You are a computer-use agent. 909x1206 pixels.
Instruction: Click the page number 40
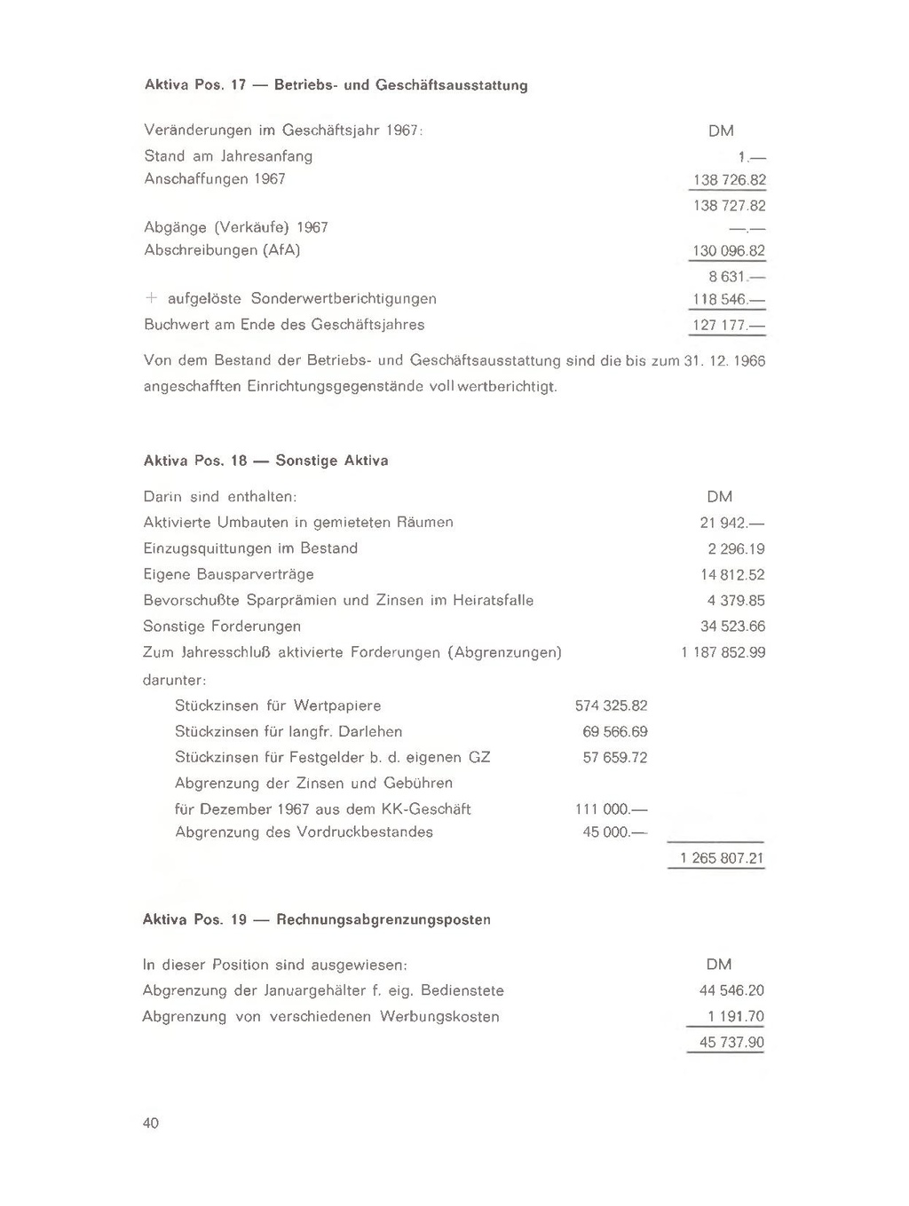[x=151, y=1123]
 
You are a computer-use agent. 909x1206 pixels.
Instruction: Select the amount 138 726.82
[x=729, y=180]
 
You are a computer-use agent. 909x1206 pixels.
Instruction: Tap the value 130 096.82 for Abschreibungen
[x=729, y=251]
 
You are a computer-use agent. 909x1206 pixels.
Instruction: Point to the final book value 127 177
[x=727, y=325]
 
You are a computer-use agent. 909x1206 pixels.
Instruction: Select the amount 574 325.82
[x=612, y=706]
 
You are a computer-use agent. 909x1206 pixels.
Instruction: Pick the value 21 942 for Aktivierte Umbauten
[x=732, y=523]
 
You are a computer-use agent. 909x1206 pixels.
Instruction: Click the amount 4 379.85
[x=736, y=601]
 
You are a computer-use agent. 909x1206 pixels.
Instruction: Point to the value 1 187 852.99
[x=723, y=653]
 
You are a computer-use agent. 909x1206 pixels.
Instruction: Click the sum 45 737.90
[x=731, y=1043]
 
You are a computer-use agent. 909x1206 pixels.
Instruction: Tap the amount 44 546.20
[x=731, y=990]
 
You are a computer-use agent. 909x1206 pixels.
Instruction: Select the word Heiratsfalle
[x=493, y=601]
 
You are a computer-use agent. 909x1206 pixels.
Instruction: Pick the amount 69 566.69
[x=615, y=732]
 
